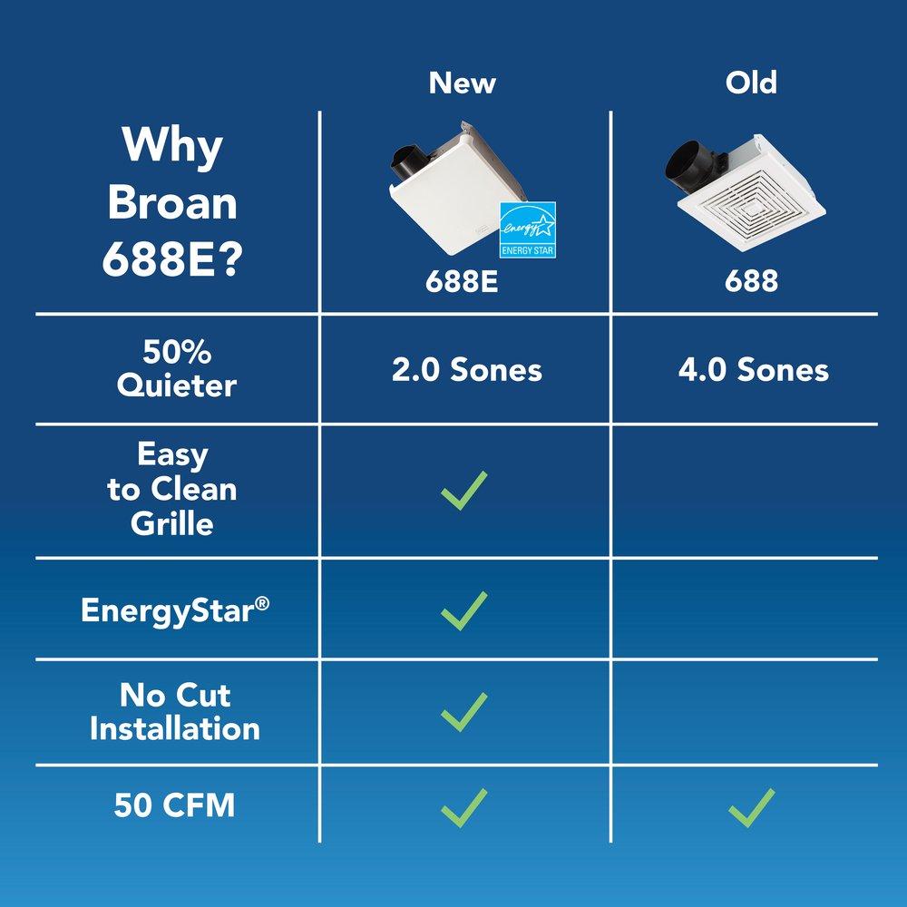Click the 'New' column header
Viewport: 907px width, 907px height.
pyautogui.click(x=463, y=83)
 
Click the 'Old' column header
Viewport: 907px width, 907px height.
pyautogui.click(x=751, y=83)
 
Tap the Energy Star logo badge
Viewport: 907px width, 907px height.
pyautogui.click(x=528, y=229)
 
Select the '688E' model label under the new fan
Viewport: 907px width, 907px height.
pyautogui.click(x=463, y=281)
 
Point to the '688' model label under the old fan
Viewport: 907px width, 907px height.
pyautogui.click(x=751, y=281)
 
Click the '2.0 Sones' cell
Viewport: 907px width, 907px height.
pyautogui.click(x=466, y=370)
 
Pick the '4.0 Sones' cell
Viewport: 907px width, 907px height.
pyautogui.click(x=753, y=370)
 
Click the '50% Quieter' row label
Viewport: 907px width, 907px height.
pyautogui.click(x=176, y=368)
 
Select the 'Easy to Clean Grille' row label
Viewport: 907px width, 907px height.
pyautogui.click(x=172, y=489)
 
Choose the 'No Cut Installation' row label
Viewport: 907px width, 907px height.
pyautogui.click(x=175, y=712)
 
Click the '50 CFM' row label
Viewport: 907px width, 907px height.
pyautogui.click(x=175, y=805)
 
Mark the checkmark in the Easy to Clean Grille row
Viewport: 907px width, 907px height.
pyautogui.click(x=464, y=490)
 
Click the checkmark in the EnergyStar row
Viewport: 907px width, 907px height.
pyautogui.click(x=464, y=610)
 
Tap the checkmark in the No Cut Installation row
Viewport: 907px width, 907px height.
pyautogui.click(x=464, y=712)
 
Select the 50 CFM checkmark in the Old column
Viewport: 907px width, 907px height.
pyautogui.click(x=752, y=807)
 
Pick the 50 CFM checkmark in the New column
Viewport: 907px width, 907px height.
pyautogui.click(x=464, y=807)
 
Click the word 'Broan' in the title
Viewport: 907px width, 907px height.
pyautogui.click(x=172, y=203)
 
